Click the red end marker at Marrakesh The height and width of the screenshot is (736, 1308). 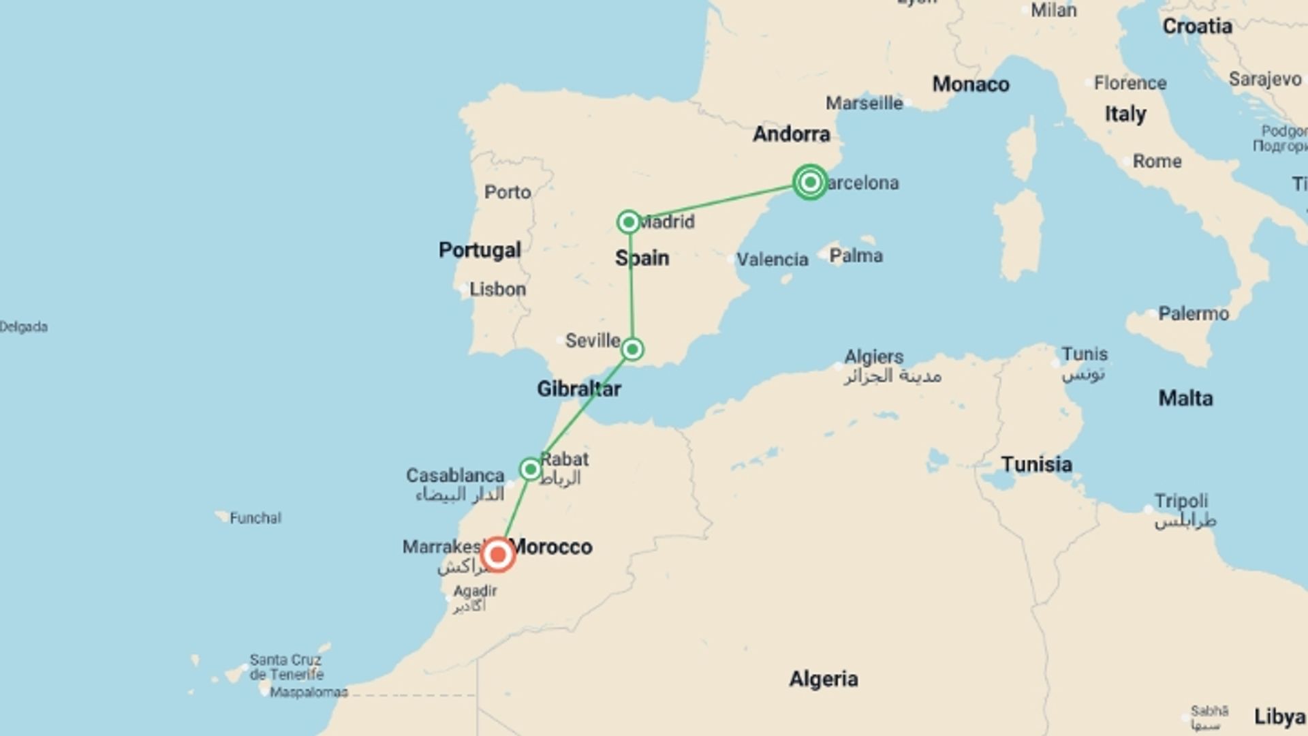[x=498, y=555]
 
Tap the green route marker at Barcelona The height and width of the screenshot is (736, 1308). [x=810, y=182]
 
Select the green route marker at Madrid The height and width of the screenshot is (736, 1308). [x=628, y=221]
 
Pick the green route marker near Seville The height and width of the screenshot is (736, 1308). [x=632, y=350]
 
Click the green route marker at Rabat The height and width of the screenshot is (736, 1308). [x=530, y=469]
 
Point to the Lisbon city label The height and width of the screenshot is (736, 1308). [x=497, y=289]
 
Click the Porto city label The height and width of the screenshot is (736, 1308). [x=508, y=192]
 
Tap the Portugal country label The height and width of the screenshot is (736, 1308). [x=480, y=250]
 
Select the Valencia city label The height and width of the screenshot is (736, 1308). [x=772, y=260]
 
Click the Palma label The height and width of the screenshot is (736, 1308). [x=856, y=256]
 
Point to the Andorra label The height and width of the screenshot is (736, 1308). [x=792, y=134]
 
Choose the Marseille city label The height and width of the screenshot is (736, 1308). [x=864, y=104]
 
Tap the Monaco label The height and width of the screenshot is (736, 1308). [x=971, y=85]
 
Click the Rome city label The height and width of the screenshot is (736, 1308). [x=1157, y=162]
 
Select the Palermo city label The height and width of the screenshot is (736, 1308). [x=1194, y=313]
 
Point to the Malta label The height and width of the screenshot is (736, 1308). [x=1185, y=398]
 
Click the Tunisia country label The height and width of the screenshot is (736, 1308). [x=1036, y=465]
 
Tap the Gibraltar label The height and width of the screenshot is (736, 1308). [x=579, y=389]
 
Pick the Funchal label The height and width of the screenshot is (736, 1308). [x=255, y=518]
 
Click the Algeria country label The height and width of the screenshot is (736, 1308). [x=824, y=679]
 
